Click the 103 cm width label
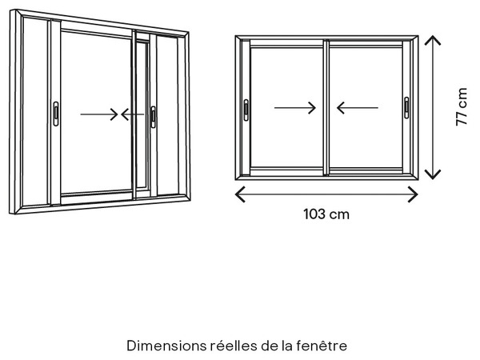tap(326, 214)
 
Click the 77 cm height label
tap(462, 107)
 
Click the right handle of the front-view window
tap(406, 108)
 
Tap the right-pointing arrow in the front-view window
tap(295, 107)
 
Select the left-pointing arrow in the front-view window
tap(357, 107)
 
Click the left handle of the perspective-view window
tap(55, 114)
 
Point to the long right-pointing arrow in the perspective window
tap(99, 114)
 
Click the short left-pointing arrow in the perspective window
tap(130, 114)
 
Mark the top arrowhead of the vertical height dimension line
tap(433, 38)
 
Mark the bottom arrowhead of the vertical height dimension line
tap(433, 176)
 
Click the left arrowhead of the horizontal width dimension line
tap(238, 194)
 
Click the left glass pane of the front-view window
tap(286, 80)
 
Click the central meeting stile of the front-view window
tap(326, 108)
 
